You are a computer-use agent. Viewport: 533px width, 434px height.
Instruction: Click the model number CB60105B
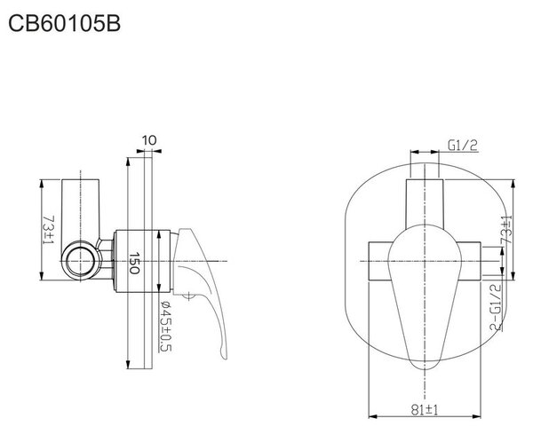[64, 24]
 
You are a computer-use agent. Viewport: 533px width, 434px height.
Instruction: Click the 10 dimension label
[149, 140]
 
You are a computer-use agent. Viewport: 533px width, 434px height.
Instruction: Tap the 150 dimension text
[135, 263]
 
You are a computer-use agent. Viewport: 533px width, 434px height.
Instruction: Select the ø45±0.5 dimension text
[167, 326]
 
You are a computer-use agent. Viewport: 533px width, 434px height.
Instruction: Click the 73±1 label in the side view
[49, 230]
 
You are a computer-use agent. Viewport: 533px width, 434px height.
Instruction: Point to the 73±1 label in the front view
[506, 230]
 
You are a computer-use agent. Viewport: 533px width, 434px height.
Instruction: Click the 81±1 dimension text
[425, 410]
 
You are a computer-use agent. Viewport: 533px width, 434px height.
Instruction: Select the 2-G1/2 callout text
[496, 308]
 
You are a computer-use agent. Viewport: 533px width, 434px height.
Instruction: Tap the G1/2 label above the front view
[463, 146]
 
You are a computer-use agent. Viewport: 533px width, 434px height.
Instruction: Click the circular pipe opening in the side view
[81, 261]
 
